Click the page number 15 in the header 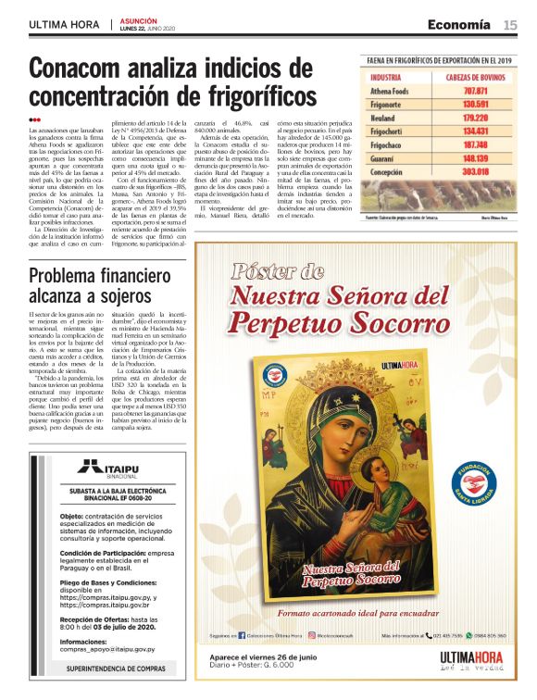(x=510, y=25)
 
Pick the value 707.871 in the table (x=475, y=92)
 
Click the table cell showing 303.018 (x=475, y=171)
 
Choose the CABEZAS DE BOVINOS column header (x=475, y=78)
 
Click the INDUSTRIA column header (x=385, y=78)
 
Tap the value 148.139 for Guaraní (x=475, y=158)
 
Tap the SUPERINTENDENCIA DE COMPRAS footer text (x=116, y=668)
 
